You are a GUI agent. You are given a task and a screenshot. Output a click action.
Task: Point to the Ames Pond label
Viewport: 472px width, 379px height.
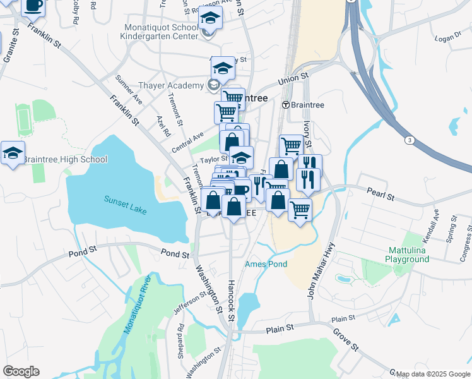[x=266, y=264]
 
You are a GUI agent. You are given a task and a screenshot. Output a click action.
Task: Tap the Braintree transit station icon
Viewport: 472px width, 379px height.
[x=286, y=105]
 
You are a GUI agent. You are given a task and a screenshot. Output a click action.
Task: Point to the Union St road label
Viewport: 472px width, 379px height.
[x=295, y=78]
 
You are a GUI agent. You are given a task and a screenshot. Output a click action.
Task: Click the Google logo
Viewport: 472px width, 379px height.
[x=21, y=371]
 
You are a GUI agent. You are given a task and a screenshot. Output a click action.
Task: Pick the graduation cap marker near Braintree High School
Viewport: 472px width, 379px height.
[x=13, y=153]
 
